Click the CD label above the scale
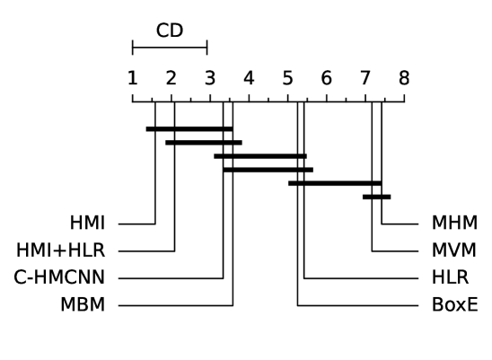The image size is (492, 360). pos(170,31)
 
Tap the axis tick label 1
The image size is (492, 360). pos(132,78)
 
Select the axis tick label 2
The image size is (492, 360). pos(171,78)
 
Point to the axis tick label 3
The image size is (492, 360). pos(209,78)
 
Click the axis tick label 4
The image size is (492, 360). pos(249,78)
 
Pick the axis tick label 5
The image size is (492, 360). pos(287,78)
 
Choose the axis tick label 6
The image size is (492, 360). pos(326,78)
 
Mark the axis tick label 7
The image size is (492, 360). pos(365,78)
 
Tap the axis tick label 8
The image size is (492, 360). pos(404,78)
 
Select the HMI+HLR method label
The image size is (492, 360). pos(60,250)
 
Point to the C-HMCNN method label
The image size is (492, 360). pos(59,277)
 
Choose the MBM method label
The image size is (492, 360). pos(82,305)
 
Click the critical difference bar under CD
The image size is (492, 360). pos(170,48)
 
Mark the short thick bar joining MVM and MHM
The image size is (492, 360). pos(377,197)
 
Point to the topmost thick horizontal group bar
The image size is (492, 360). pos(189,129)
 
